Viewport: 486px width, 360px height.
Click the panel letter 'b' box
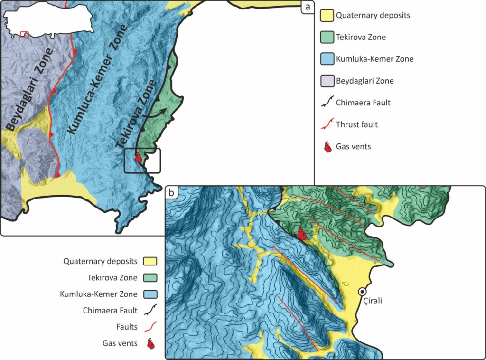pos(171,193)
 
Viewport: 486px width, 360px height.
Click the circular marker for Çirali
pos(362,292)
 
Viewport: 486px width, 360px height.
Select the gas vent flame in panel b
pos(301,233)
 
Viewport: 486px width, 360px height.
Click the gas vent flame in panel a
pos(139,158)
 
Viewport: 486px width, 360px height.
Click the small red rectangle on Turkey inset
pos(25,35)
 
